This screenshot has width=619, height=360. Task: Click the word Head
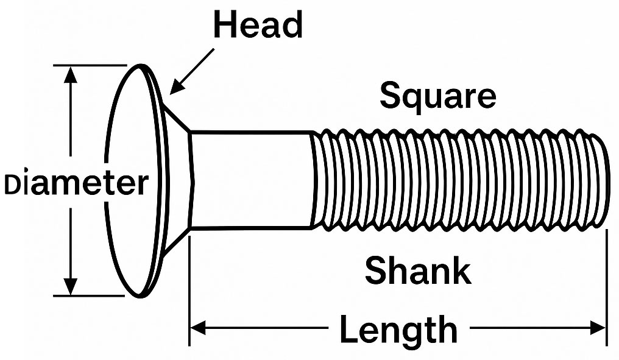pos(258,24)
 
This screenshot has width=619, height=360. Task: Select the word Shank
pos(418,270)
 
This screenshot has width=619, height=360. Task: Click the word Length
pos(398,329)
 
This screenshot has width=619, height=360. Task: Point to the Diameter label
pos(76,183)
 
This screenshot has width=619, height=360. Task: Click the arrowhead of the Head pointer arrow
pos(177,88)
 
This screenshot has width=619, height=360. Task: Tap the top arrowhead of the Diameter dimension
pos(70,74)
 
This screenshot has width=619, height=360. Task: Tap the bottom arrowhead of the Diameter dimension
pos(70,286)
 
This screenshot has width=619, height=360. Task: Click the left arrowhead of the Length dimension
pos(198,328)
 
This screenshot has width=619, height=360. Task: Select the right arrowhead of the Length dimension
pos(598,328)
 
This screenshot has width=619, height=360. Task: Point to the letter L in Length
pos(349,329)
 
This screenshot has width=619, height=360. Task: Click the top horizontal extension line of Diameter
pos(90,65)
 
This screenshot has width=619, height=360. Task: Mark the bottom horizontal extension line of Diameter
pos(89,295)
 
